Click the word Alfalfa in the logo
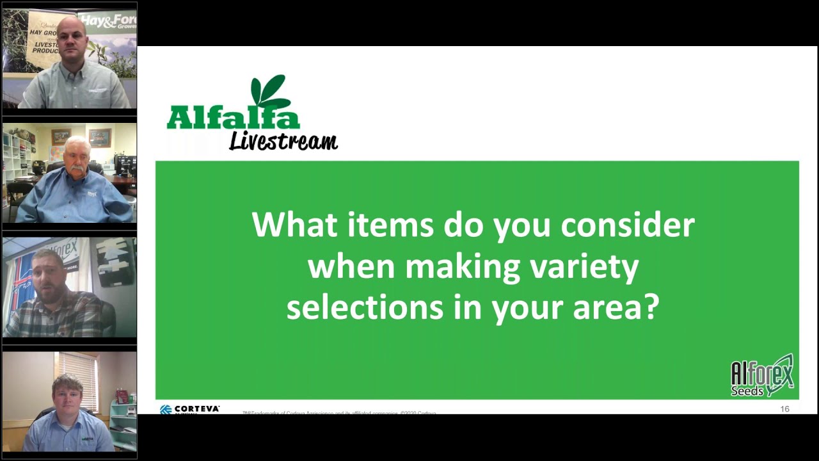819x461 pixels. coord(233,119)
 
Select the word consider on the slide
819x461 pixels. coord(627,225)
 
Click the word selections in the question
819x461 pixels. coord(365,307)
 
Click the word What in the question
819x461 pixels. coord(294,225)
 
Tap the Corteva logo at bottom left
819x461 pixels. coord(189,408)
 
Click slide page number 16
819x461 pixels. coord(784,408)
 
